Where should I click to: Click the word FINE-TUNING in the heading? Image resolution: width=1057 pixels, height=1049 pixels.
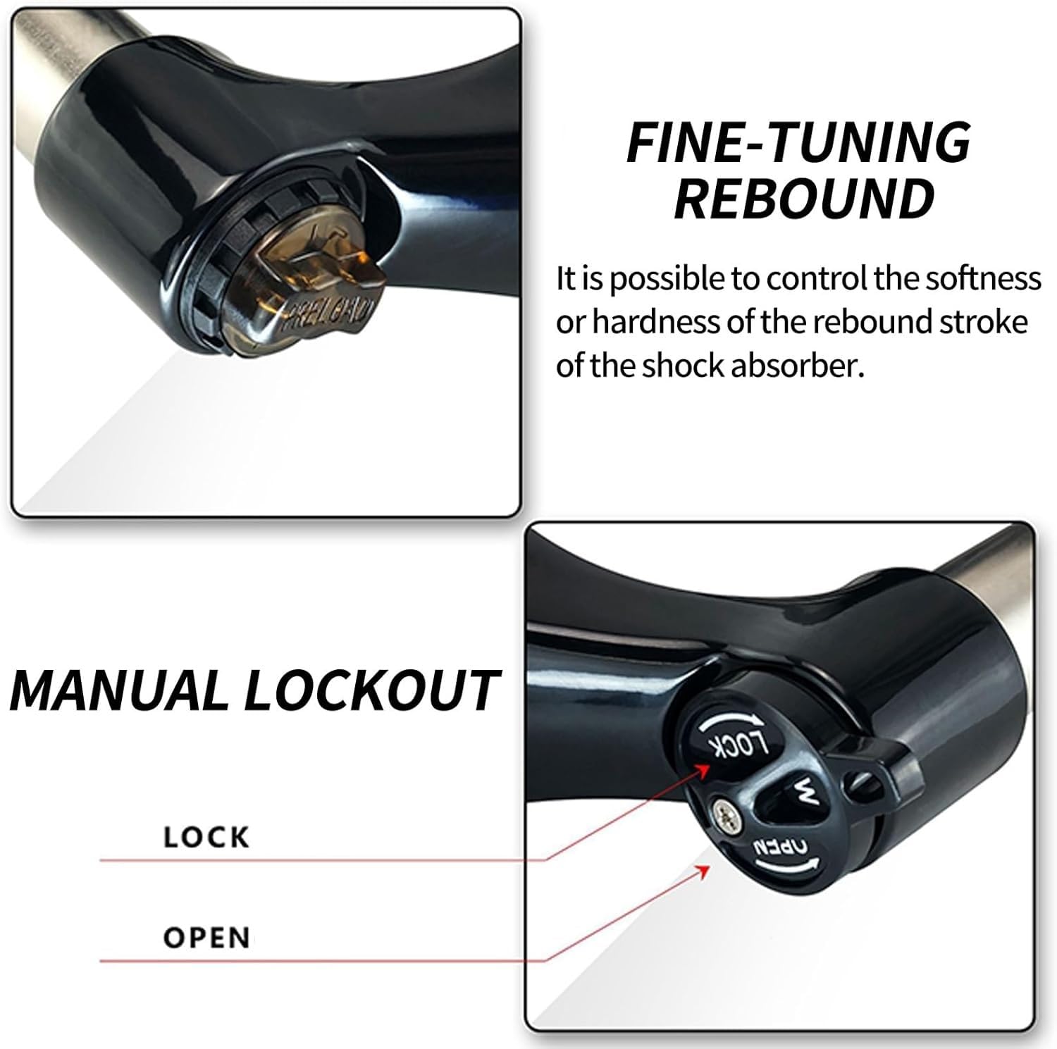[798, 142]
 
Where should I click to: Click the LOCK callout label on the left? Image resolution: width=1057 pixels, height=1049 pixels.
[206, 837]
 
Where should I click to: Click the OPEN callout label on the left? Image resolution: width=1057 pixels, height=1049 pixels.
[206, 938]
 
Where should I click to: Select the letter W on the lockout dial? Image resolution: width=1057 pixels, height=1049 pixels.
[805, 794]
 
